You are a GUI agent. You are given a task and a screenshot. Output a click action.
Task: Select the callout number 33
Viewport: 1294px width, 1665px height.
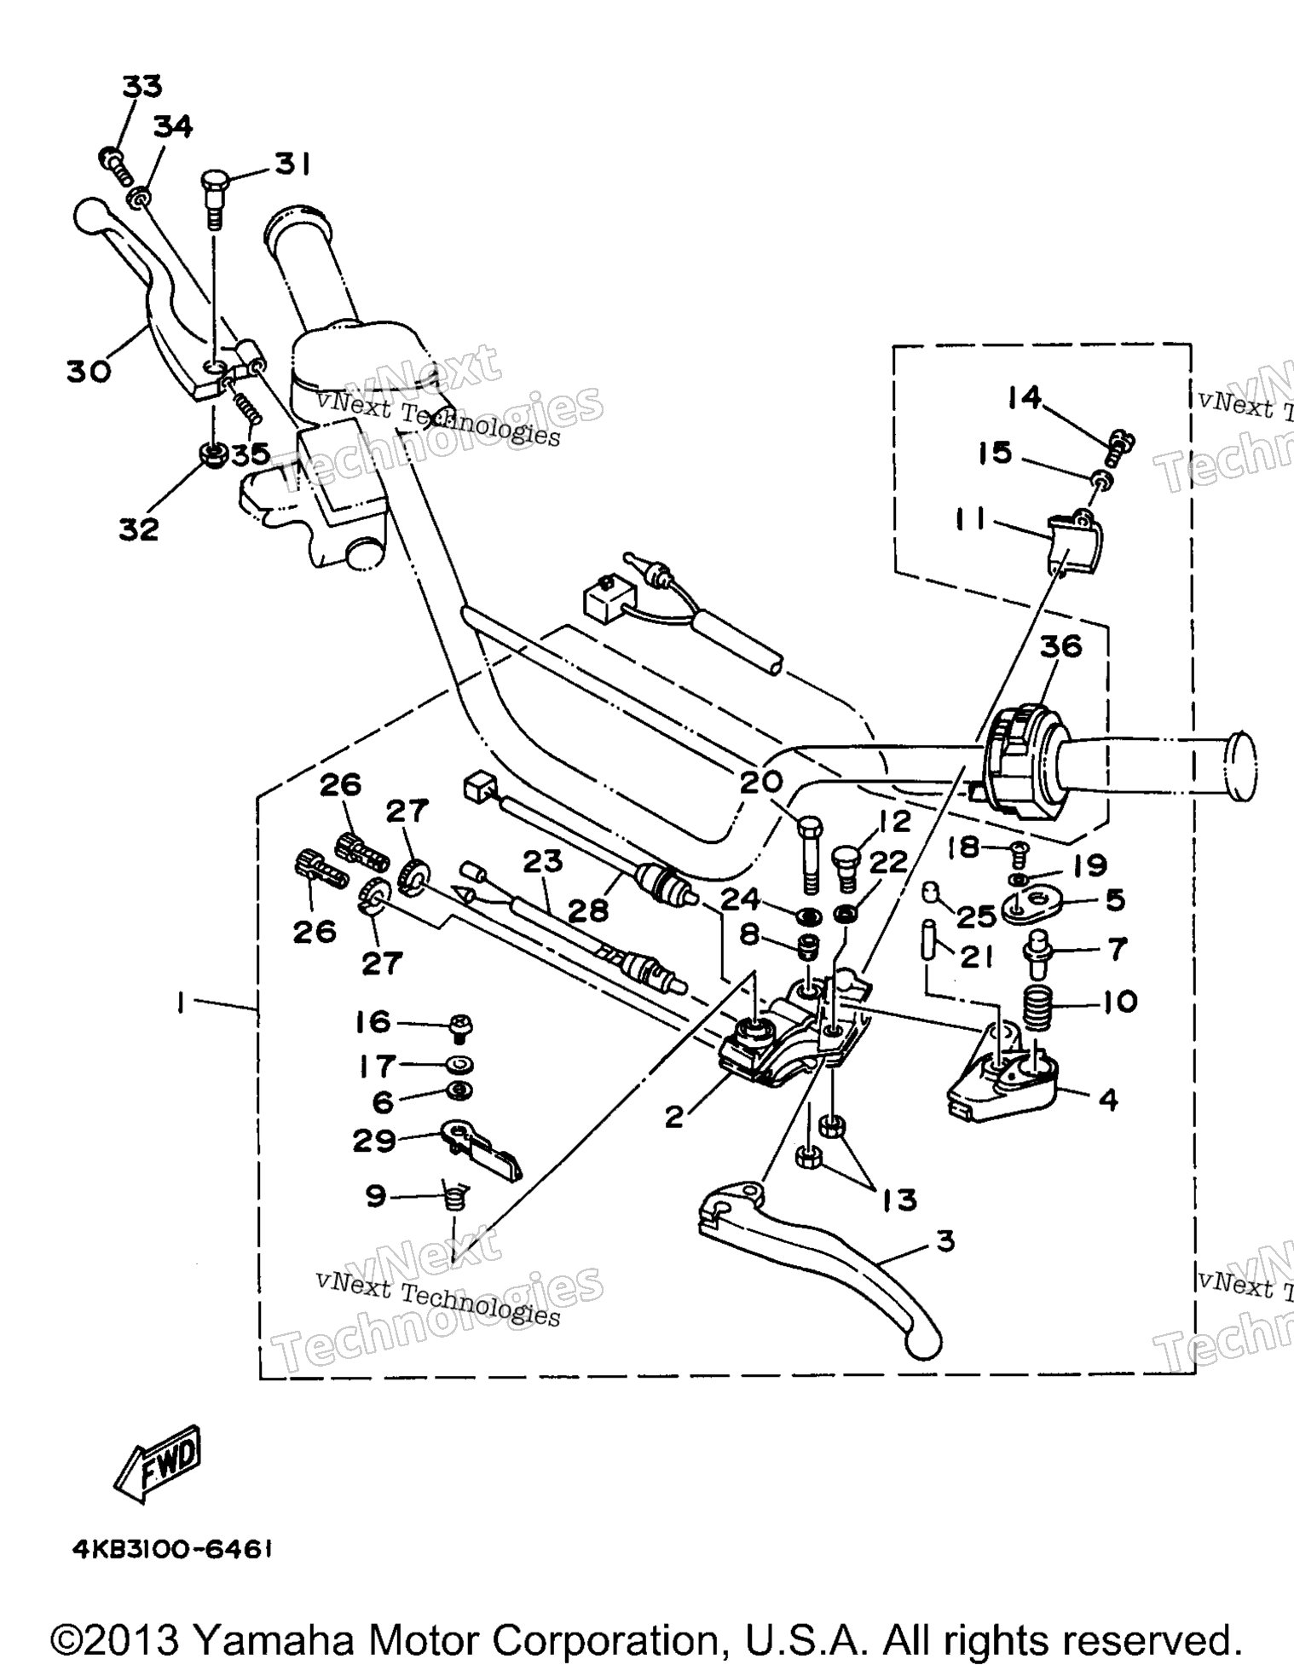pyautogui.click(x=142, y=87)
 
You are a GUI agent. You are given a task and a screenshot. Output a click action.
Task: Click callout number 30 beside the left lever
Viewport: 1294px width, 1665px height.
pyautogui.click(x=90, y=372)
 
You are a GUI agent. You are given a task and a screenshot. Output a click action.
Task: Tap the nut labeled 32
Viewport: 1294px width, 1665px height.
pyautogui.click(x=212, y=454)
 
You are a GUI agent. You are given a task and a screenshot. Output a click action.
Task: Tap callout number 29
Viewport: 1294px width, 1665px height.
pyautogui.click(x=374, y=1140)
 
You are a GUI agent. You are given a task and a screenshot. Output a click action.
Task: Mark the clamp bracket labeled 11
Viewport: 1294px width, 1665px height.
pyautogui.click(x=1072, y=542)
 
